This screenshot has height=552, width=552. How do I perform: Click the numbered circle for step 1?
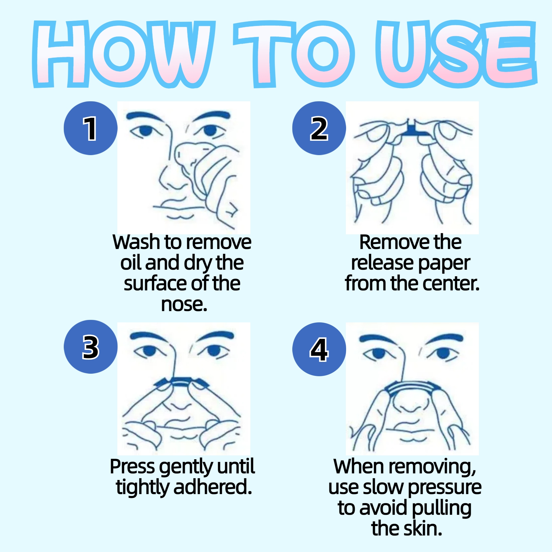click(90, 128)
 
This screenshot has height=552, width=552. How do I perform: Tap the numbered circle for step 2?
click(319, 128)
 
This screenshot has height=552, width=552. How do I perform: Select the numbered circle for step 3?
click(90, 347)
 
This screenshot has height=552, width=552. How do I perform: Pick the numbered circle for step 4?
click(319, 349)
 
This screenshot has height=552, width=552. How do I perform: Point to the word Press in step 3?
click(133, 466)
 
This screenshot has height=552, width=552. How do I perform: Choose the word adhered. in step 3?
click(213, 487)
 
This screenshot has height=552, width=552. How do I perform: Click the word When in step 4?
click(359, 466)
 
